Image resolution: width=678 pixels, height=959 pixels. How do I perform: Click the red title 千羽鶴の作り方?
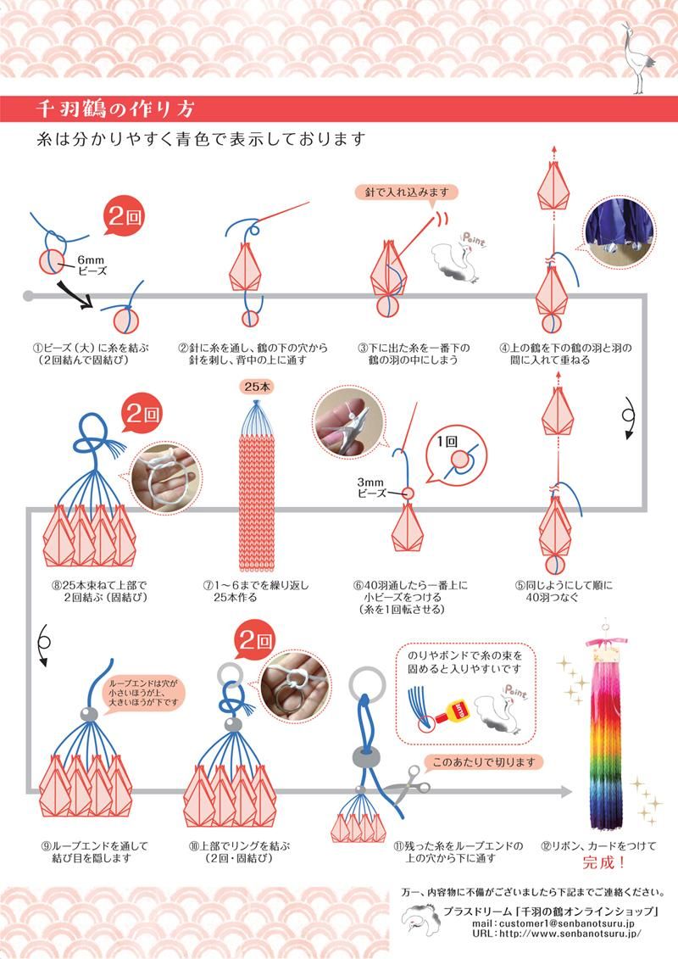pos(114,109)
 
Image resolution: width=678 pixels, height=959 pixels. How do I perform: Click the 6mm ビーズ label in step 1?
pos(92,265)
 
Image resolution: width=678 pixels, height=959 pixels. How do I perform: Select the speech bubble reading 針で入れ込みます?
pos(407,192)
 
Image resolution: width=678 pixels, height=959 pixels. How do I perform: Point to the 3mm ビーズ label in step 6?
pos(372,488)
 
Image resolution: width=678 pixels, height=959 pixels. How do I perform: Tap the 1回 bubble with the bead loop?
pos(456,455)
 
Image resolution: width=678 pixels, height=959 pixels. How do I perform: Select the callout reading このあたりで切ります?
pos(484,762)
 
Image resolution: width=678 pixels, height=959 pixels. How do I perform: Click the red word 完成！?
pos(604,863)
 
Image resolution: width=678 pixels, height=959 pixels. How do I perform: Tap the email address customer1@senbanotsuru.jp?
pos(553,923)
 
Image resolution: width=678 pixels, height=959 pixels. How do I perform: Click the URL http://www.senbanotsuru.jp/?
pos(556,934)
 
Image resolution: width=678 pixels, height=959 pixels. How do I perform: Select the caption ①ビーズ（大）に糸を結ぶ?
pos(91,348)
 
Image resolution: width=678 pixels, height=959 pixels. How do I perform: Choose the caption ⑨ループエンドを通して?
pos(95,846)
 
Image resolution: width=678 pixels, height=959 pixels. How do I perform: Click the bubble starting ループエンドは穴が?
pos(144,693)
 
